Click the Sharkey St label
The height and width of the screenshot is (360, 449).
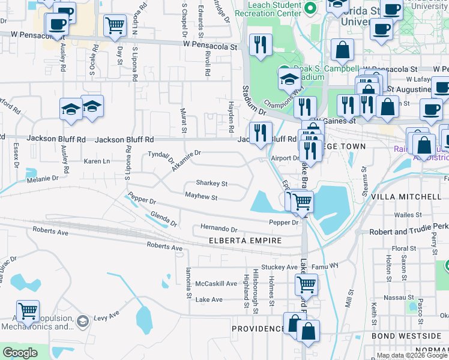(211, 184)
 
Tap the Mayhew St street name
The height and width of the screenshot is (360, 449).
(200, 197)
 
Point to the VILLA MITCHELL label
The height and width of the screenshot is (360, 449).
(406, 197)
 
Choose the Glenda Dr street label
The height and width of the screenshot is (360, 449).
(164, 220)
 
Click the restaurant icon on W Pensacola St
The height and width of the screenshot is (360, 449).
(261, 44)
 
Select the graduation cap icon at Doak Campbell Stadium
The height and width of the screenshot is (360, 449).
(289, 79)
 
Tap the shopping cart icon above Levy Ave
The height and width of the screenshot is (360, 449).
(28, 311)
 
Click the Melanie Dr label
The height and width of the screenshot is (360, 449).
(42, 179)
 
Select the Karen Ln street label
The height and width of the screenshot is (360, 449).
(97, 161)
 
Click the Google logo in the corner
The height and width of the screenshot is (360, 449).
(20, 353)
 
